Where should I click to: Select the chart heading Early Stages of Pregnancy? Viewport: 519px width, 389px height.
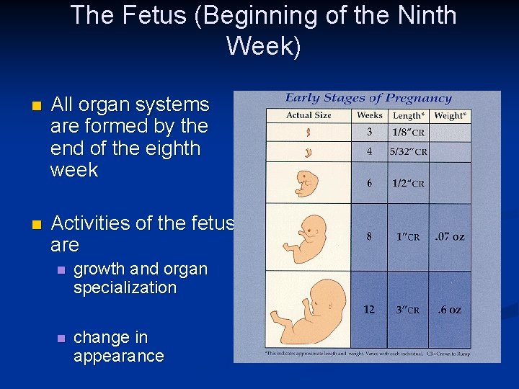click(x=368, y=98)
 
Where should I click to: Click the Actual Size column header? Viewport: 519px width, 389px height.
click(x=309, y=115)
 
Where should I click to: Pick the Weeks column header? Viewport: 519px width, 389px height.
click(x=369, y=115)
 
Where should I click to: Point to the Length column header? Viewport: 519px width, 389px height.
click(x=409, y=115)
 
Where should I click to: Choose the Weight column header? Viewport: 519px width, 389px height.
click(x=450, y=115)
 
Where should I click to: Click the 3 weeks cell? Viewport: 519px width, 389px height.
click(x=369, y=132)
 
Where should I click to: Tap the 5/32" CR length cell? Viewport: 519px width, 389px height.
click(x=409, y=152)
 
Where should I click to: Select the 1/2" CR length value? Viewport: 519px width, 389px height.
click(x=409, y=183)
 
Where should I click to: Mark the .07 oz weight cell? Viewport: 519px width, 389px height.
click(x=450, y=236)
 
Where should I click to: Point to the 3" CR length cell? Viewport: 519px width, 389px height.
click(x=408, y=310)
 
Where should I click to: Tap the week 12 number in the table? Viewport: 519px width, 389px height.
click(x=369, y=310)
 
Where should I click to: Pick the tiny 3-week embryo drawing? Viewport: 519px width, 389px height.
click(x=308, y=133)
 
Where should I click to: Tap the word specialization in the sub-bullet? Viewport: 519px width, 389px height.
click(x=125, y=287)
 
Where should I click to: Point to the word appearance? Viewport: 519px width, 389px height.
click(x=118, y=356)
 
